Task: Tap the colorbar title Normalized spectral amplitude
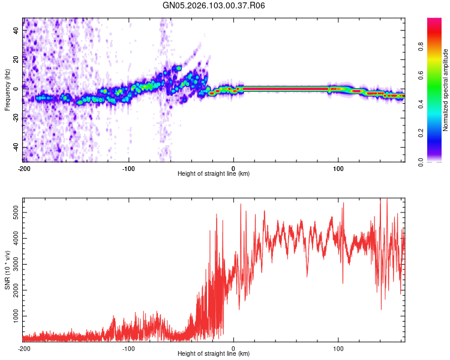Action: (x=446, y=90)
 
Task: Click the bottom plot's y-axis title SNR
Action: (x=7, y=269)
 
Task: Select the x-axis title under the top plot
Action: (x=214, y=174)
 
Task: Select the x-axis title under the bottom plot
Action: (x=214, y=354)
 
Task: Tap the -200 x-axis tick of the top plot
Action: (x=24, y=168)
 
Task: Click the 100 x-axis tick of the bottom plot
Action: (x=338, y=348)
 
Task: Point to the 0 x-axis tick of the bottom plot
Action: (x=233, y=348)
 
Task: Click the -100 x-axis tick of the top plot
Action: (x=128, y=168)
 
